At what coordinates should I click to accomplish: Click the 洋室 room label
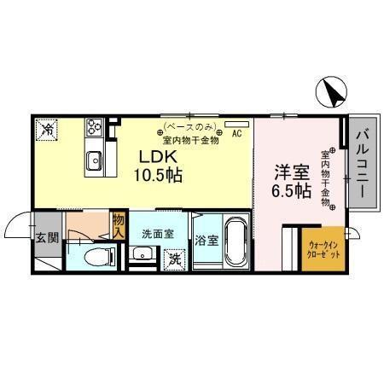coord(290,172)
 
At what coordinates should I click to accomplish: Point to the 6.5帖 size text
coord(290,191)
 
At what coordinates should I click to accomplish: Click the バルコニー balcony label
coord(361,162)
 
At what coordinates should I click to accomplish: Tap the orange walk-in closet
coord(323,248)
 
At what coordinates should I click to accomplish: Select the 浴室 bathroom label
coord(206,240)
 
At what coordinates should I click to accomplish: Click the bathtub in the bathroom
coord(234,243)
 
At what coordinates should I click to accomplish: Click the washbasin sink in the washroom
coord(143,253)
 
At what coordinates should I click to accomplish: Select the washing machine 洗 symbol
coord(174,257)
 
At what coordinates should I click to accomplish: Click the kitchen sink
coord(94,159)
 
